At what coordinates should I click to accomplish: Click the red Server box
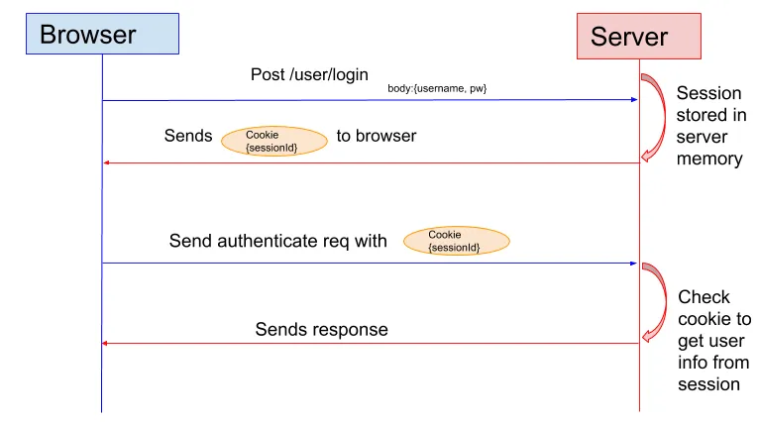click(638, 37)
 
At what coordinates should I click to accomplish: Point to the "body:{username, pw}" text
click(436, 89)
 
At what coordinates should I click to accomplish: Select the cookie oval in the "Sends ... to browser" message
click(273, 141)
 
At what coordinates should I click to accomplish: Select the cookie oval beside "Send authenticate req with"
click(456, 241)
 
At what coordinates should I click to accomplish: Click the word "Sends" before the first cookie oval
click(188, 136)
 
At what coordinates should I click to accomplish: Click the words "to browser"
click(376, 136)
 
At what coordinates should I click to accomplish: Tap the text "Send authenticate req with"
click(277, 241)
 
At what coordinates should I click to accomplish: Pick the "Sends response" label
click(321, 329)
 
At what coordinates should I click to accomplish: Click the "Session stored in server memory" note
click(709, 126)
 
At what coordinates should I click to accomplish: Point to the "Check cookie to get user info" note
click(713, 340)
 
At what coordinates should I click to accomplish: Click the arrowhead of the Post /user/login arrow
click(632, 100)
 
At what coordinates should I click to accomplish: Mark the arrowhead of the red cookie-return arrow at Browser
click(108, 162)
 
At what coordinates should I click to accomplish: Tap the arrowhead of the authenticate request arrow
click(632, 264)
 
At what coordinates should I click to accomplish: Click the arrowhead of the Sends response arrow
click(108, 344)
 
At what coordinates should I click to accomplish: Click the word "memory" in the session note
click(709, 159)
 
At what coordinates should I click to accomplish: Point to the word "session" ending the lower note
click(709, 384)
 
